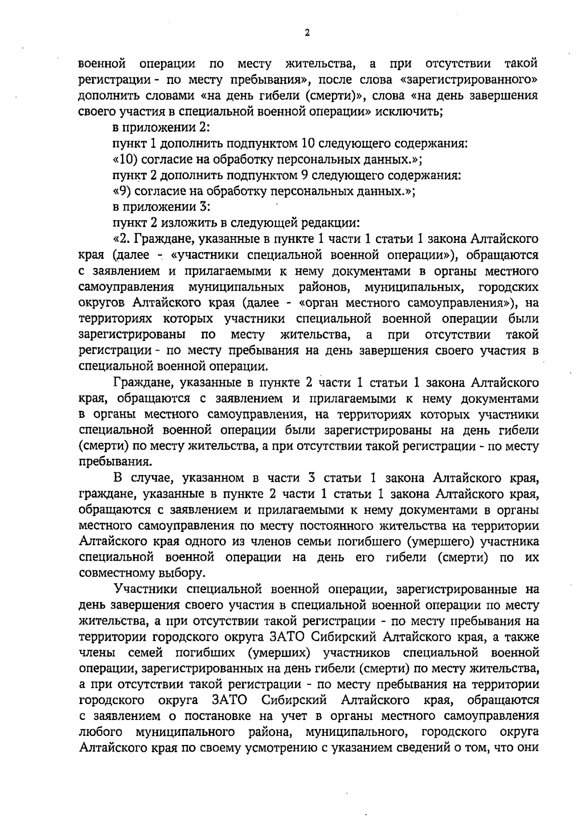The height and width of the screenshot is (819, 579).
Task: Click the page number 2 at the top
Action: pos(307,33)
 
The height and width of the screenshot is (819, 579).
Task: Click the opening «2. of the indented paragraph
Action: pos(122,239)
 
